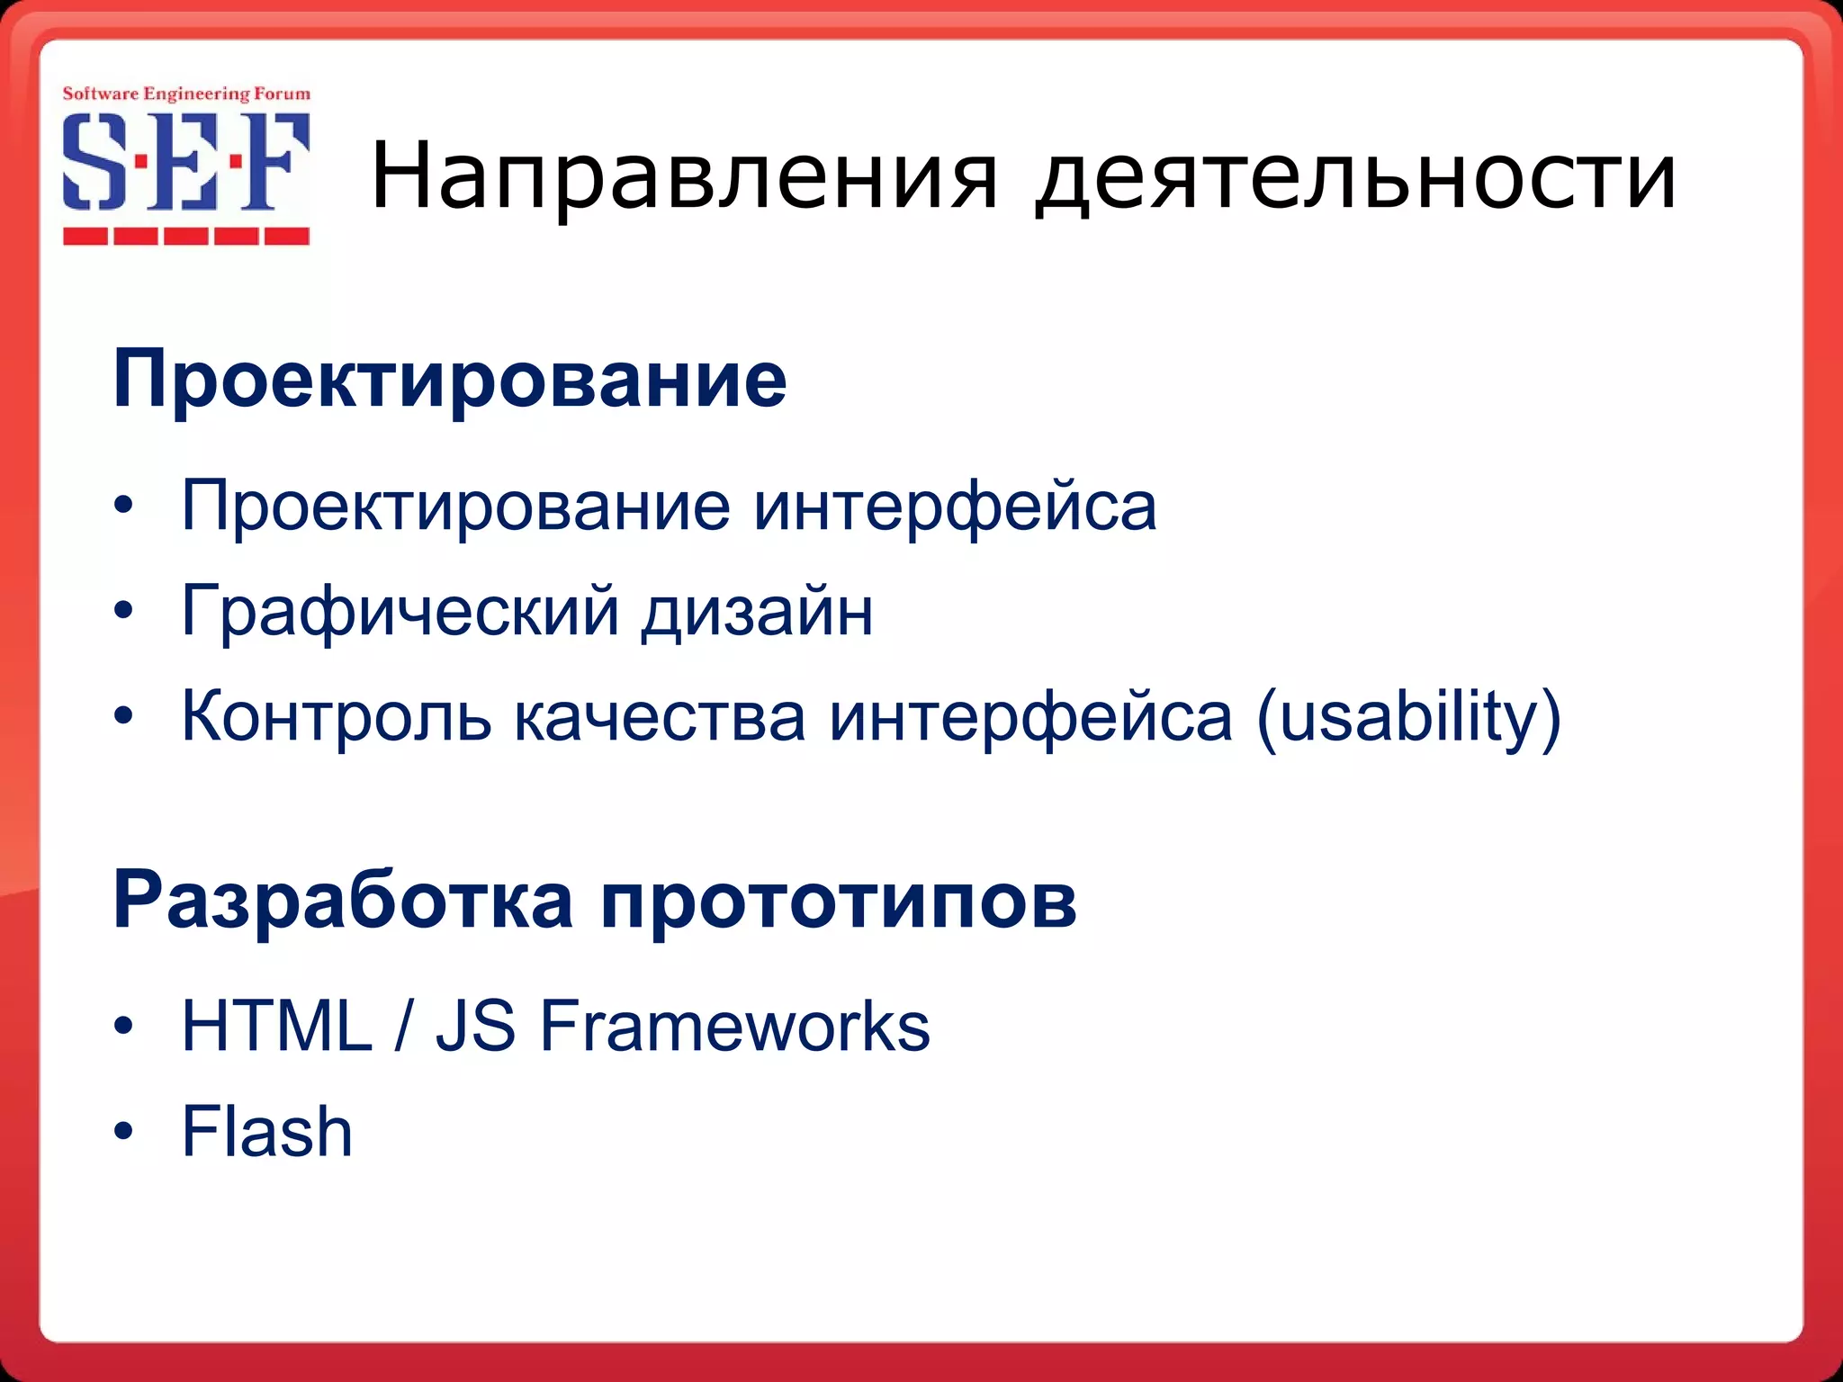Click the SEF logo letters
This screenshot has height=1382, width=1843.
coord(186,162)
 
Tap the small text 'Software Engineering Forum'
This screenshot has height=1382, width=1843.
coord(186,94)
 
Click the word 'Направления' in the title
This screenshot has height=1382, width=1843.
coord(684,177)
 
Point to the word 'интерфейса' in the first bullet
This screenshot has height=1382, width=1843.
coord(956,507)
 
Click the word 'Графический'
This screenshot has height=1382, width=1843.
coord(400,612)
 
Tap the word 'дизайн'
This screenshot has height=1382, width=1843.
coord(757,612)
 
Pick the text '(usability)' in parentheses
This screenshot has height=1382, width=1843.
coord(1408,718)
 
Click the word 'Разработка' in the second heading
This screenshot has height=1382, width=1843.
coord(343,901)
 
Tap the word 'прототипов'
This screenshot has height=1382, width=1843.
coord(838,902)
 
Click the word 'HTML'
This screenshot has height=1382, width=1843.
coord(277,1026)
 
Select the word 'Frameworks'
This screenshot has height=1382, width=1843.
coord(734,1026)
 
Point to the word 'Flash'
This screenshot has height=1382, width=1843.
coord(267,1132)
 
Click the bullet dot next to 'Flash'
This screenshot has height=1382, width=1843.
coord(124,1131)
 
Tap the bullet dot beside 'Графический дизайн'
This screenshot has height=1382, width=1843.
coord(124,612)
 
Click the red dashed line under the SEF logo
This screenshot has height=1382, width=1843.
coord(186,237)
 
